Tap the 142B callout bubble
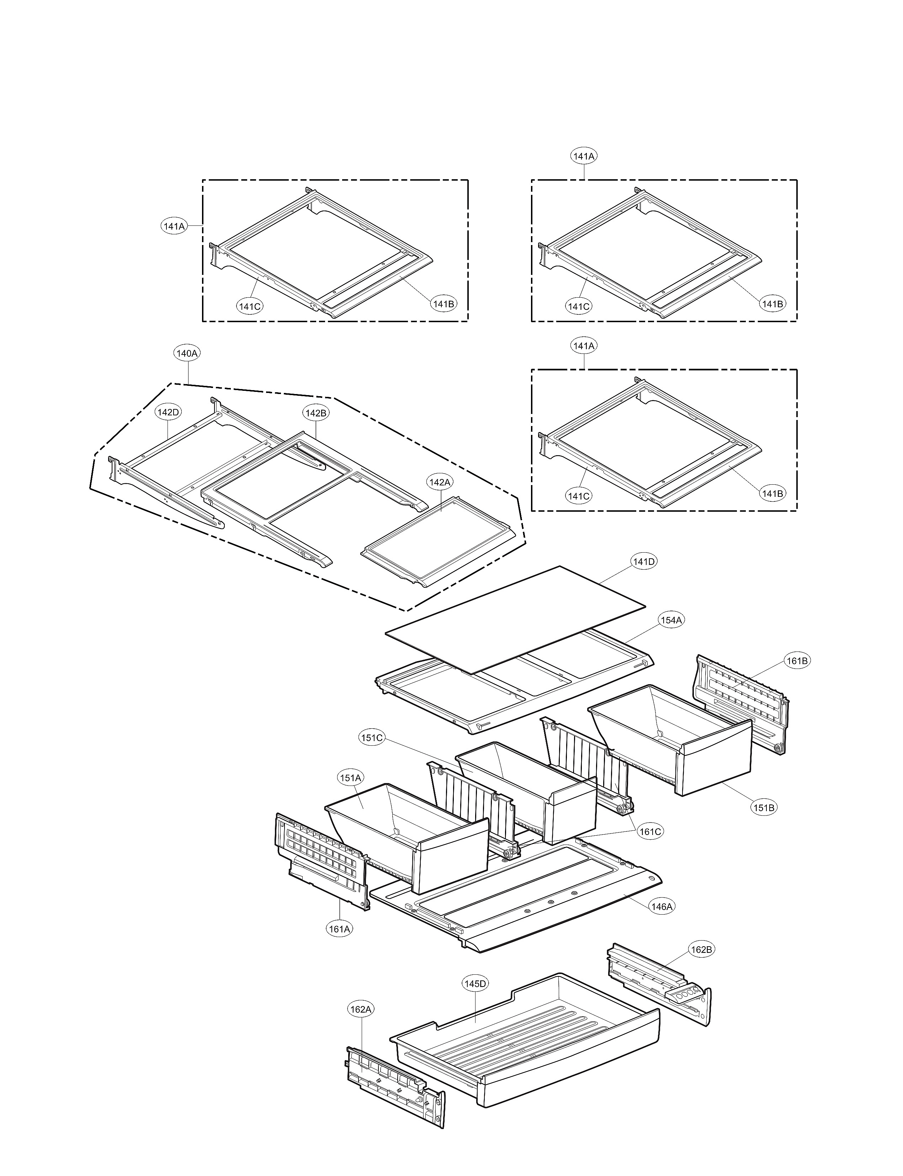pos(315,413)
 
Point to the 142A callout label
pos(439,482)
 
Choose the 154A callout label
pos(671,620)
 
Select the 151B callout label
pos(764,807)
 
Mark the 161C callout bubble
pos(650,831)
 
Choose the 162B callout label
pos(701,950)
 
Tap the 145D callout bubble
pos(475,984)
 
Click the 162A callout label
pos(361,1009)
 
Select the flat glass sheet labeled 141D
pos(516,618)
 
